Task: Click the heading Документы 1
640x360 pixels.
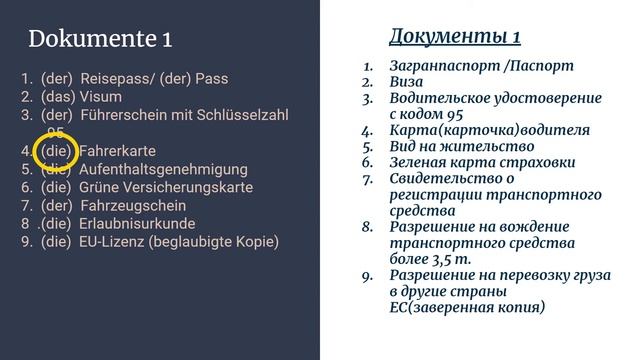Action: pos(454,37)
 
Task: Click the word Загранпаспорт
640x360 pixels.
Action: pos(444,67)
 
